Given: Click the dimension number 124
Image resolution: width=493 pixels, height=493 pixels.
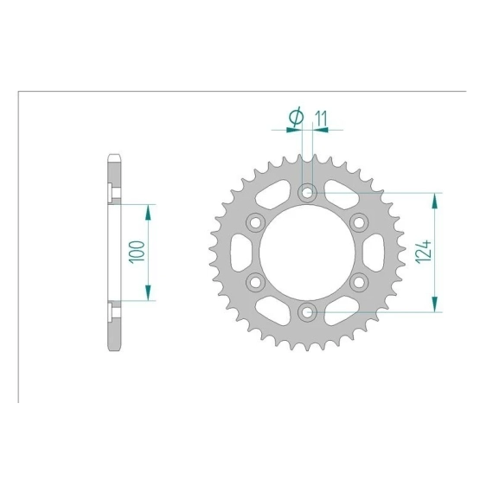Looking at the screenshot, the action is click(423, 252).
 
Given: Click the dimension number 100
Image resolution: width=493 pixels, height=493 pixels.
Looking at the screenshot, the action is click(137, 252).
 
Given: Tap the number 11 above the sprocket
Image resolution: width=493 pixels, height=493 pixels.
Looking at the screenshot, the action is click(321, 118).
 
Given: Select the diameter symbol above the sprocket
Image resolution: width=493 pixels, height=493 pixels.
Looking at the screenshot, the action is click(296, 117).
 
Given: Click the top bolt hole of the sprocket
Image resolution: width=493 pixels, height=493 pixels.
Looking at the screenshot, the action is click(307, 192).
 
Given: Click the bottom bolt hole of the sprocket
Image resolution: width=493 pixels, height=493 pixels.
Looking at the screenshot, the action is click(307, 312).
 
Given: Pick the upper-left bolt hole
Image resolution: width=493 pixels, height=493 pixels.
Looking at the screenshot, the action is click(255, 222).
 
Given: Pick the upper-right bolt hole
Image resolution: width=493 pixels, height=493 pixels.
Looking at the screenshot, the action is click(359, 222).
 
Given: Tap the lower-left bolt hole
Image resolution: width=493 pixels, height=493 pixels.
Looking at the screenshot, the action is click(255, 282).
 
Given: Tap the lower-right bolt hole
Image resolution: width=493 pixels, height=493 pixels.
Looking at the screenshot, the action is click(359, 282).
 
